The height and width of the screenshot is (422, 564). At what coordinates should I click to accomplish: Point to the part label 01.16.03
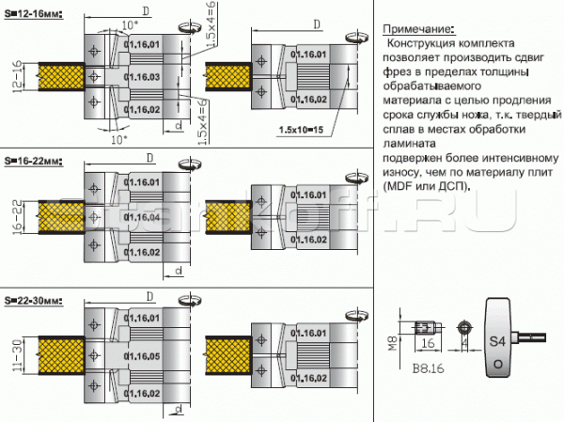coord(145,76)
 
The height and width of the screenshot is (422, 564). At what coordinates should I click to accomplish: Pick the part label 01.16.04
coord(145,217)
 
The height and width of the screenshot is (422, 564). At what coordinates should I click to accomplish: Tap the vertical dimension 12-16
coord(16,74)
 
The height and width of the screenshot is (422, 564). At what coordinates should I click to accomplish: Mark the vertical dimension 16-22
coord(16,217)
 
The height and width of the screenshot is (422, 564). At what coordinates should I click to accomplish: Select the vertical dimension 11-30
coord(16,357)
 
